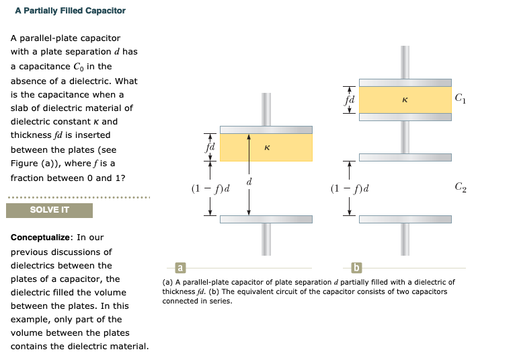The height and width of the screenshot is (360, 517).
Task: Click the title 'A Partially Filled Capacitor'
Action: (x=70, y=11)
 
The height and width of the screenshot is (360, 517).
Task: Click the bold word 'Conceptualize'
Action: (x=42, y=238)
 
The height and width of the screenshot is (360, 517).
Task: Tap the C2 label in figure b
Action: (x=460, y=186)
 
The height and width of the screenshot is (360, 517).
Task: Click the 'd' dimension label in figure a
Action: (x=249, y=182)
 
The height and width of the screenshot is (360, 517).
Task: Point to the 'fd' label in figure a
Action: (x=210, y=146)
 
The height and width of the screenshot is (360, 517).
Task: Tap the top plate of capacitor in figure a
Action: (x=266, y=129)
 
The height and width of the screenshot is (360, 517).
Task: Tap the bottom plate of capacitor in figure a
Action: (x=266, y=219)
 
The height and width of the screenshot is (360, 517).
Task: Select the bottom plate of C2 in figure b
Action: (x=405, y=219)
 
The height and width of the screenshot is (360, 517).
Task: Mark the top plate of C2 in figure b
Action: (x=405, y=157)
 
